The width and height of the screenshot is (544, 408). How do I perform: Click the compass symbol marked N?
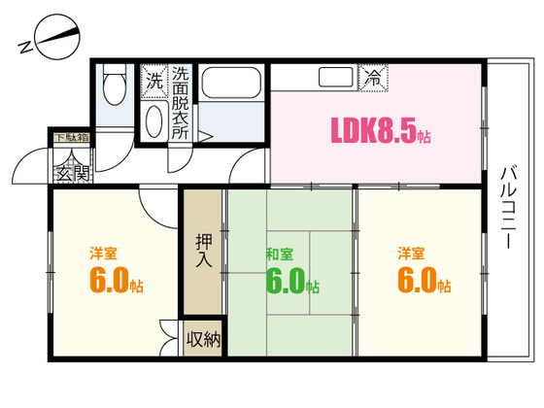(x=51, y=41)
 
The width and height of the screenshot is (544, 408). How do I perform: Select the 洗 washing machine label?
(x=154, y=82)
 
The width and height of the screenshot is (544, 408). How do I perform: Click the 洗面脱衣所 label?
(x=181, y=101)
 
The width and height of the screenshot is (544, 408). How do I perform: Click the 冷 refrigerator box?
(x=372, y=78)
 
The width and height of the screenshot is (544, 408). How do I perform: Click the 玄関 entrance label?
(x=71, y=175)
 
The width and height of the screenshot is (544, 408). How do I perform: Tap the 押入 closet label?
(x=204, y=251)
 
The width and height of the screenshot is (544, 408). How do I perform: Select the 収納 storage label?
(x=204, y=340)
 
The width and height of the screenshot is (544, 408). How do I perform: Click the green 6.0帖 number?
(x=291, y=282)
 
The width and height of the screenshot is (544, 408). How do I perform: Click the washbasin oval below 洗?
(x=154, y=119)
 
